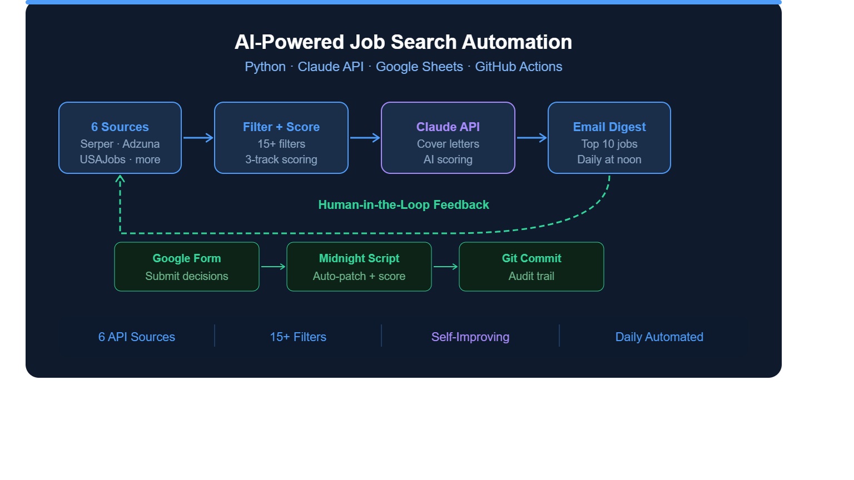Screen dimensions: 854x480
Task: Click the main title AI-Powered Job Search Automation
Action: point(403,42)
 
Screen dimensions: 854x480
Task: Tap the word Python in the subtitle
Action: point(265,67)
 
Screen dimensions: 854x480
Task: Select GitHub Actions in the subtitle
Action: point(519,67)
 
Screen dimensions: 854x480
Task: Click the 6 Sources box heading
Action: point(120,127)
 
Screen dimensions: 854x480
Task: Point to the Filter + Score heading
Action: point(281,127)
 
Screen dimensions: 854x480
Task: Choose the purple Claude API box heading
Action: point(448,127)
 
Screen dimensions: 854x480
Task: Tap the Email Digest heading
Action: point(609,127)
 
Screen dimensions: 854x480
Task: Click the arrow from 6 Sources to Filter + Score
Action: point(198,138)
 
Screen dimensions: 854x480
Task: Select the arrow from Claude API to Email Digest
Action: point(532,138)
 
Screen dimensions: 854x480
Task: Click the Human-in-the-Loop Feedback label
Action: point(403,205)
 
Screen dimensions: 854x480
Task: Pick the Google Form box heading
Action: point(187,258)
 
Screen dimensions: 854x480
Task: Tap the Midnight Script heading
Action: point(359,258)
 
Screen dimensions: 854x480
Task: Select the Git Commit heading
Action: point(532,258)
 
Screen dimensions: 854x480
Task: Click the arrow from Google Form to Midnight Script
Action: point(273,267)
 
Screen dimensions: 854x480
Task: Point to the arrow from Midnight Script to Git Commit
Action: point(445,267)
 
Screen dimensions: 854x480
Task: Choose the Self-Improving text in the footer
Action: point(470,337)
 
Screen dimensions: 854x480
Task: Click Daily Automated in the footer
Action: point(659,337)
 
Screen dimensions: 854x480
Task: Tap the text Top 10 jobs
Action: point(609,144)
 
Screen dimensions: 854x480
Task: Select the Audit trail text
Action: point(532,276)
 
